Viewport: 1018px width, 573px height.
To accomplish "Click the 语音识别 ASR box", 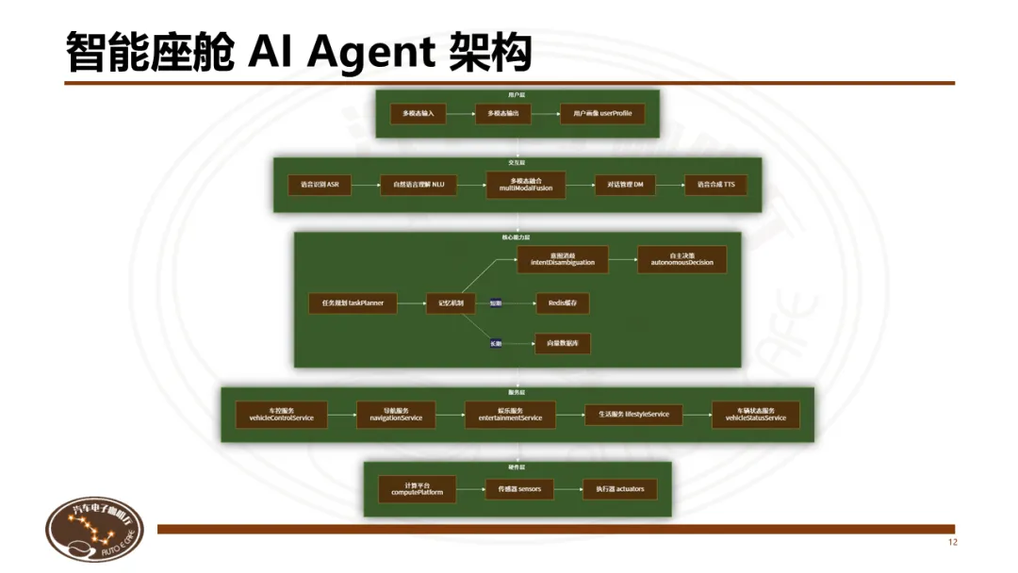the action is point(320,185).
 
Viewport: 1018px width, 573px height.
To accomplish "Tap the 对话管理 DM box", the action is point(619,185).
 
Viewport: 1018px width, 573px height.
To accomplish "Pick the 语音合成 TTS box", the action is point(715,185).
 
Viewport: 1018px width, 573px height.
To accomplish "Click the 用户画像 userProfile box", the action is point(602,113).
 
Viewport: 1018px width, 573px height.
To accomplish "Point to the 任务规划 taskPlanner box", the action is point(353,303).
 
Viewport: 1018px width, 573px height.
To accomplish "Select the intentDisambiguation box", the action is point(563,259).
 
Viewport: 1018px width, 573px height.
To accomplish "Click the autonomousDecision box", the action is point(681,259).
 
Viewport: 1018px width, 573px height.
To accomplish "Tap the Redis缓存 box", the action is point(563,303).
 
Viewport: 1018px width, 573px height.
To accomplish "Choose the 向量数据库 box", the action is point(563,344).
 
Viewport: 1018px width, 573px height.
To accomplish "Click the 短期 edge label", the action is point(496,303).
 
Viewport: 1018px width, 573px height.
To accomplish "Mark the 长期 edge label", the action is point(496,344).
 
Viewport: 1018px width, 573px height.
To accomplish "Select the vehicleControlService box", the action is point(281,415).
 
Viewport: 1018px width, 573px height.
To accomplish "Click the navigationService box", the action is point(389,415).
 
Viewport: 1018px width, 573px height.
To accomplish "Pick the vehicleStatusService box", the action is point(755,415).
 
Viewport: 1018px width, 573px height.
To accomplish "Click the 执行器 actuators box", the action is point(619,489).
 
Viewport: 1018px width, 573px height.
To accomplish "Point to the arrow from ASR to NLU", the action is point(366,185).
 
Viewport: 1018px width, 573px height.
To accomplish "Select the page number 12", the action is point(952,543).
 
